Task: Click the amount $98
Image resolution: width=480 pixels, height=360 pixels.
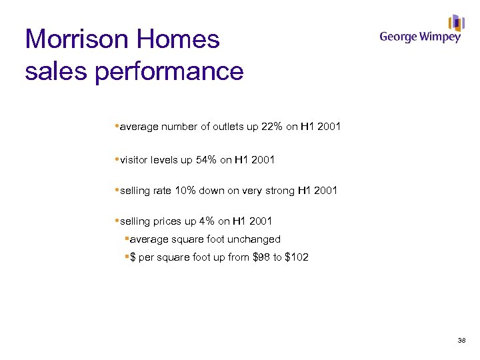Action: [261, 257]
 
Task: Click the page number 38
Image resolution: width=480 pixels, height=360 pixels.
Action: [461, 341]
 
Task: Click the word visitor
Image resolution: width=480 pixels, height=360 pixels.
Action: [135, 159]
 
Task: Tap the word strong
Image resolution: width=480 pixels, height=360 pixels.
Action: [277, 191]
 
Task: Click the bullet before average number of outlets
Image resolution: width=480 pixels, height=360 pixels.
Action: [117, 126]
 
